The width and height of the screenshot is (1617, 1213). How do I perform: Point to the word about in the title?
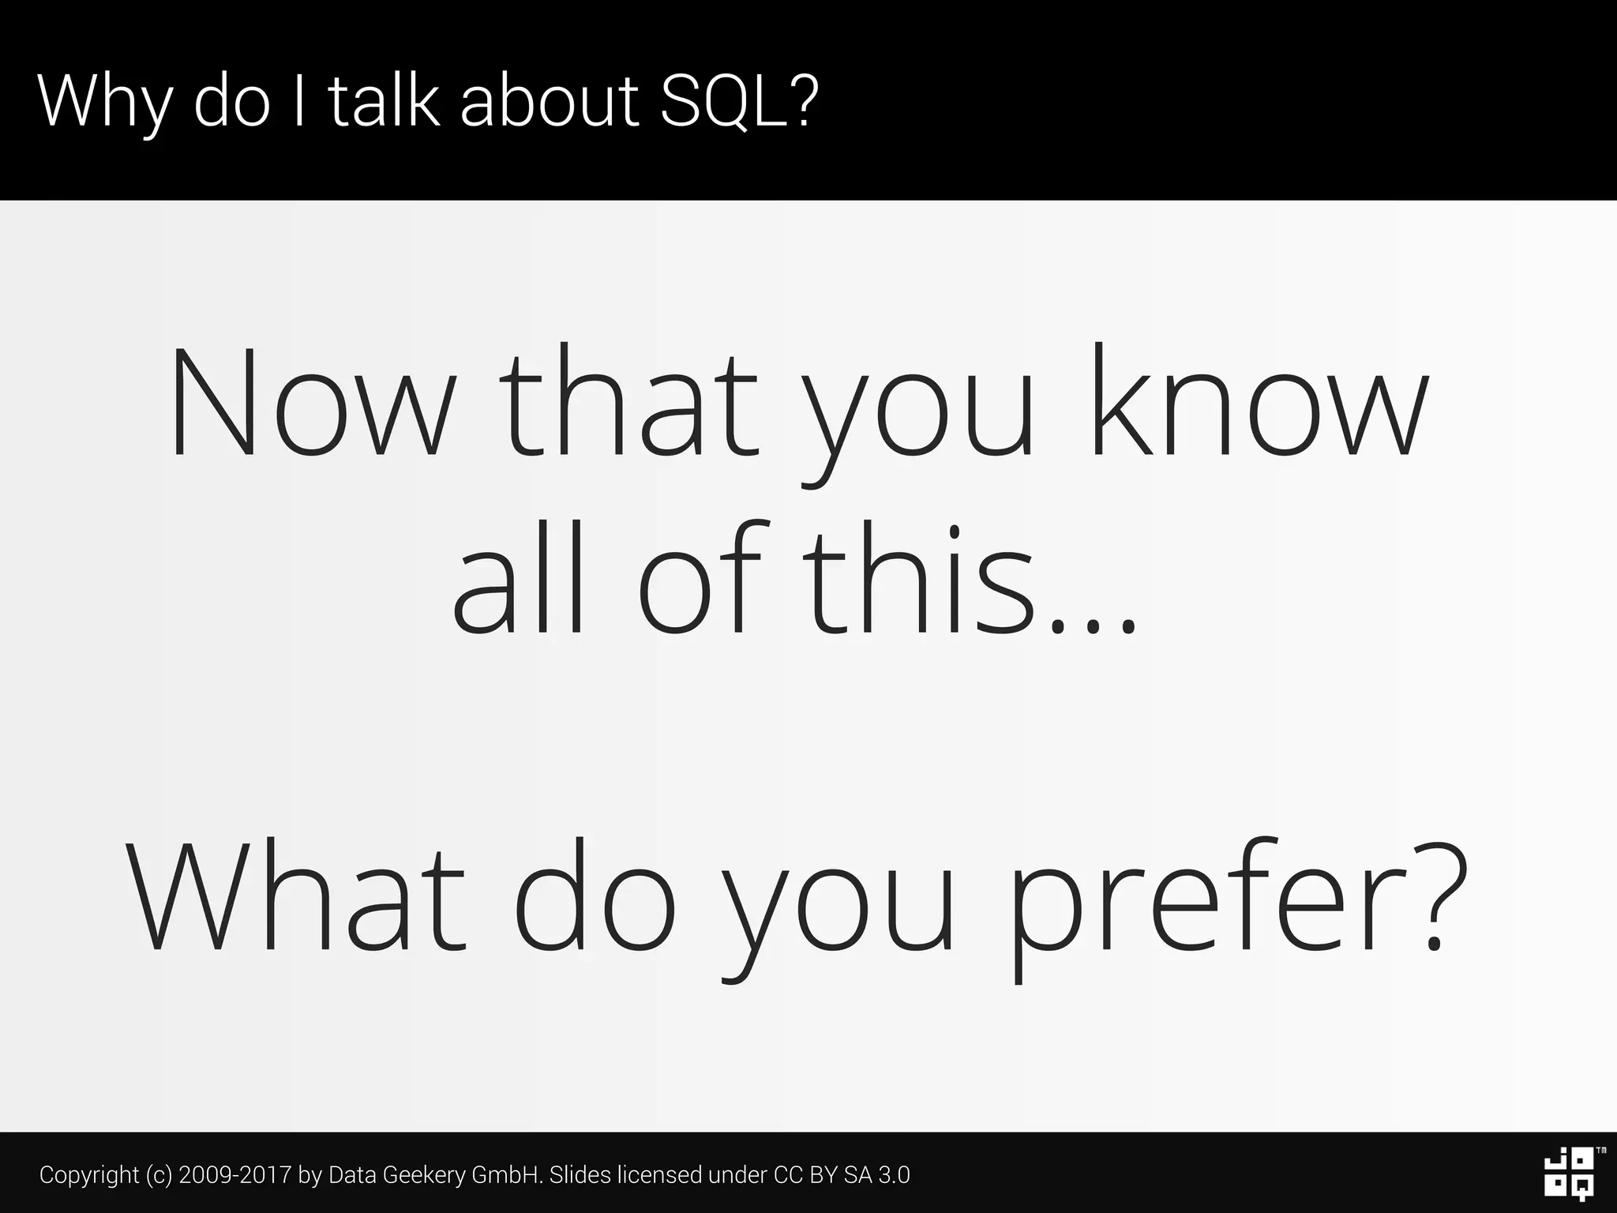click(x=550, y=101)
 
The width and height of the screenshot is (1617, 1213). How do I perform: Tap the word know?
click(x=1260, y=403)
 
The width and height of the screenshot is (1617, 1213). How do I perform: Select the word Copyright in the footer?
click(x=89, y=1175)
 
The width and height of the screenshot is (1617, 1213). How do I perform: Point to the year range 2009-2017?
click(x=235, y=1175)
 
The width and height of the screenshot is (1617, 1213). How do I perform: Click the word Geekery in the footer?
click(x=424, y=1175)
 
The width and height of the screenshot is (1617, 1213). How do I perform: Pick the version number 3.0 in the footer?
click(x=894, y=1175)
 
